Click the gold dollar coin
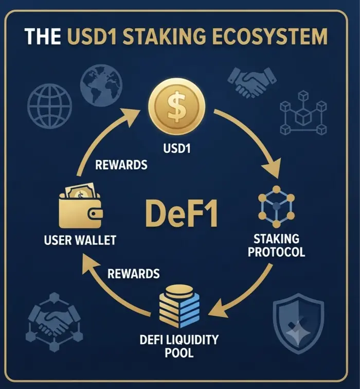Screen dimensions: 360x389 tap(177, 107)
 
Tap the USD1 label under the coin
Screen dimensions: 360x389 tap(177, 148)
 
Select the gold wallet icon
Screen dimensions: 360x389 tap(81, 206)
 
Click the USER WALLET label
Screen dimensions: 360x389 tap(80, 240)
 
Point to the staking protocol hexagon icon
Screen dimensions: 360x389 tap(277, 206)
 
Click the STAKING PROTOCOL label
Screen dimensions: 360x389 tap(277, 245)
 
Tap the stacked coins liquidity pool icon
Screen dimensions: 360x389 tap(179, 306)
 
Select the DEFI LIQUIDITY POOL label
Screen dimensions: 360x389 tap(179, 346)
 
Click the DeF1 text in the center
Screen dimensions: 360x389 tap(182, 214)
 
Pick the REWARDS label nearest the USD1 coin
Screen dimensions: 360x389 tap(121, 165)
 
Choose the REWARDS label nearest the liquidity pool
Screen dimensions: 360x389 tap(134, 274)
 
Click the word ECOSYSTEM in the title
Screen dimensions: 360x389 tap(270, 37)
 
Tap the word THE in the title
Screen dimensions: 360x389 tap(43, 37)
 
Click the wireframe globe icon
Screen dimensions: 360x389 tap(49, 106)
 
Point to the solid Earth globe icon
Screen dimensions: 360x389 tap(101, 85)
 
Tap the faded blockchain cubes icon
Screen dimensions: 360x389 tap(303, 113)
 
